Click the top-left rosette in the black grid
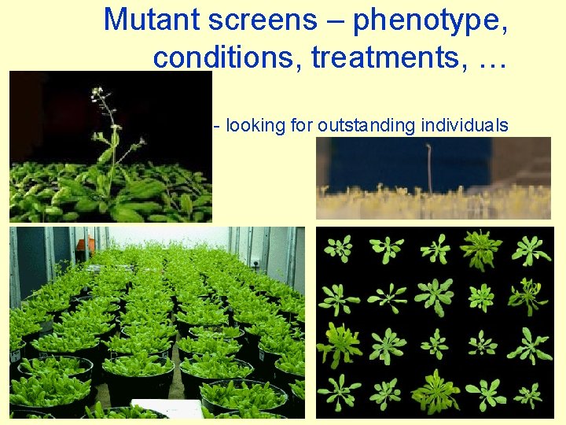click(339, 249)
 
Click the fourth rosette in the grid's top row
click(481, 249)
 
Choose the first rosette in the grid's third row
click(340, 344)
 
